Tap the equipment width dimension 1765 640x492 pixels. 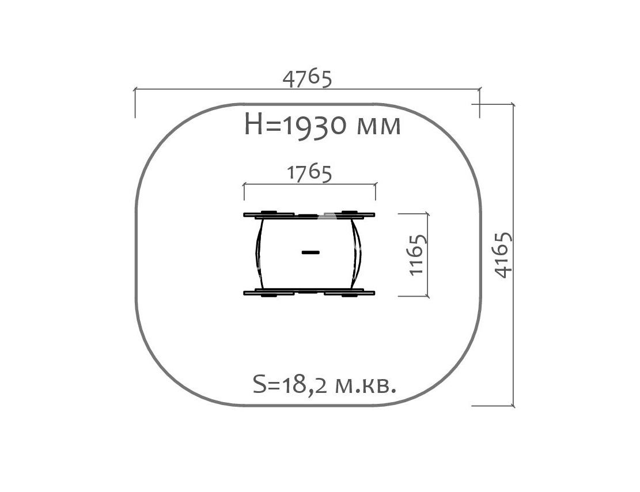coord(309,173)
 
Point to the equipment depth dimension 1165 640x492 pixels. coord(418,255)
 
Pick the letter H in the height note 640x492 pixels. coord(253,124)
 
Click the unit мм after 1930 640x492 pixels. coord(378,127)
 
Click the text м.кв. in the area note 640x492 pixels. coord(365,386)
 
